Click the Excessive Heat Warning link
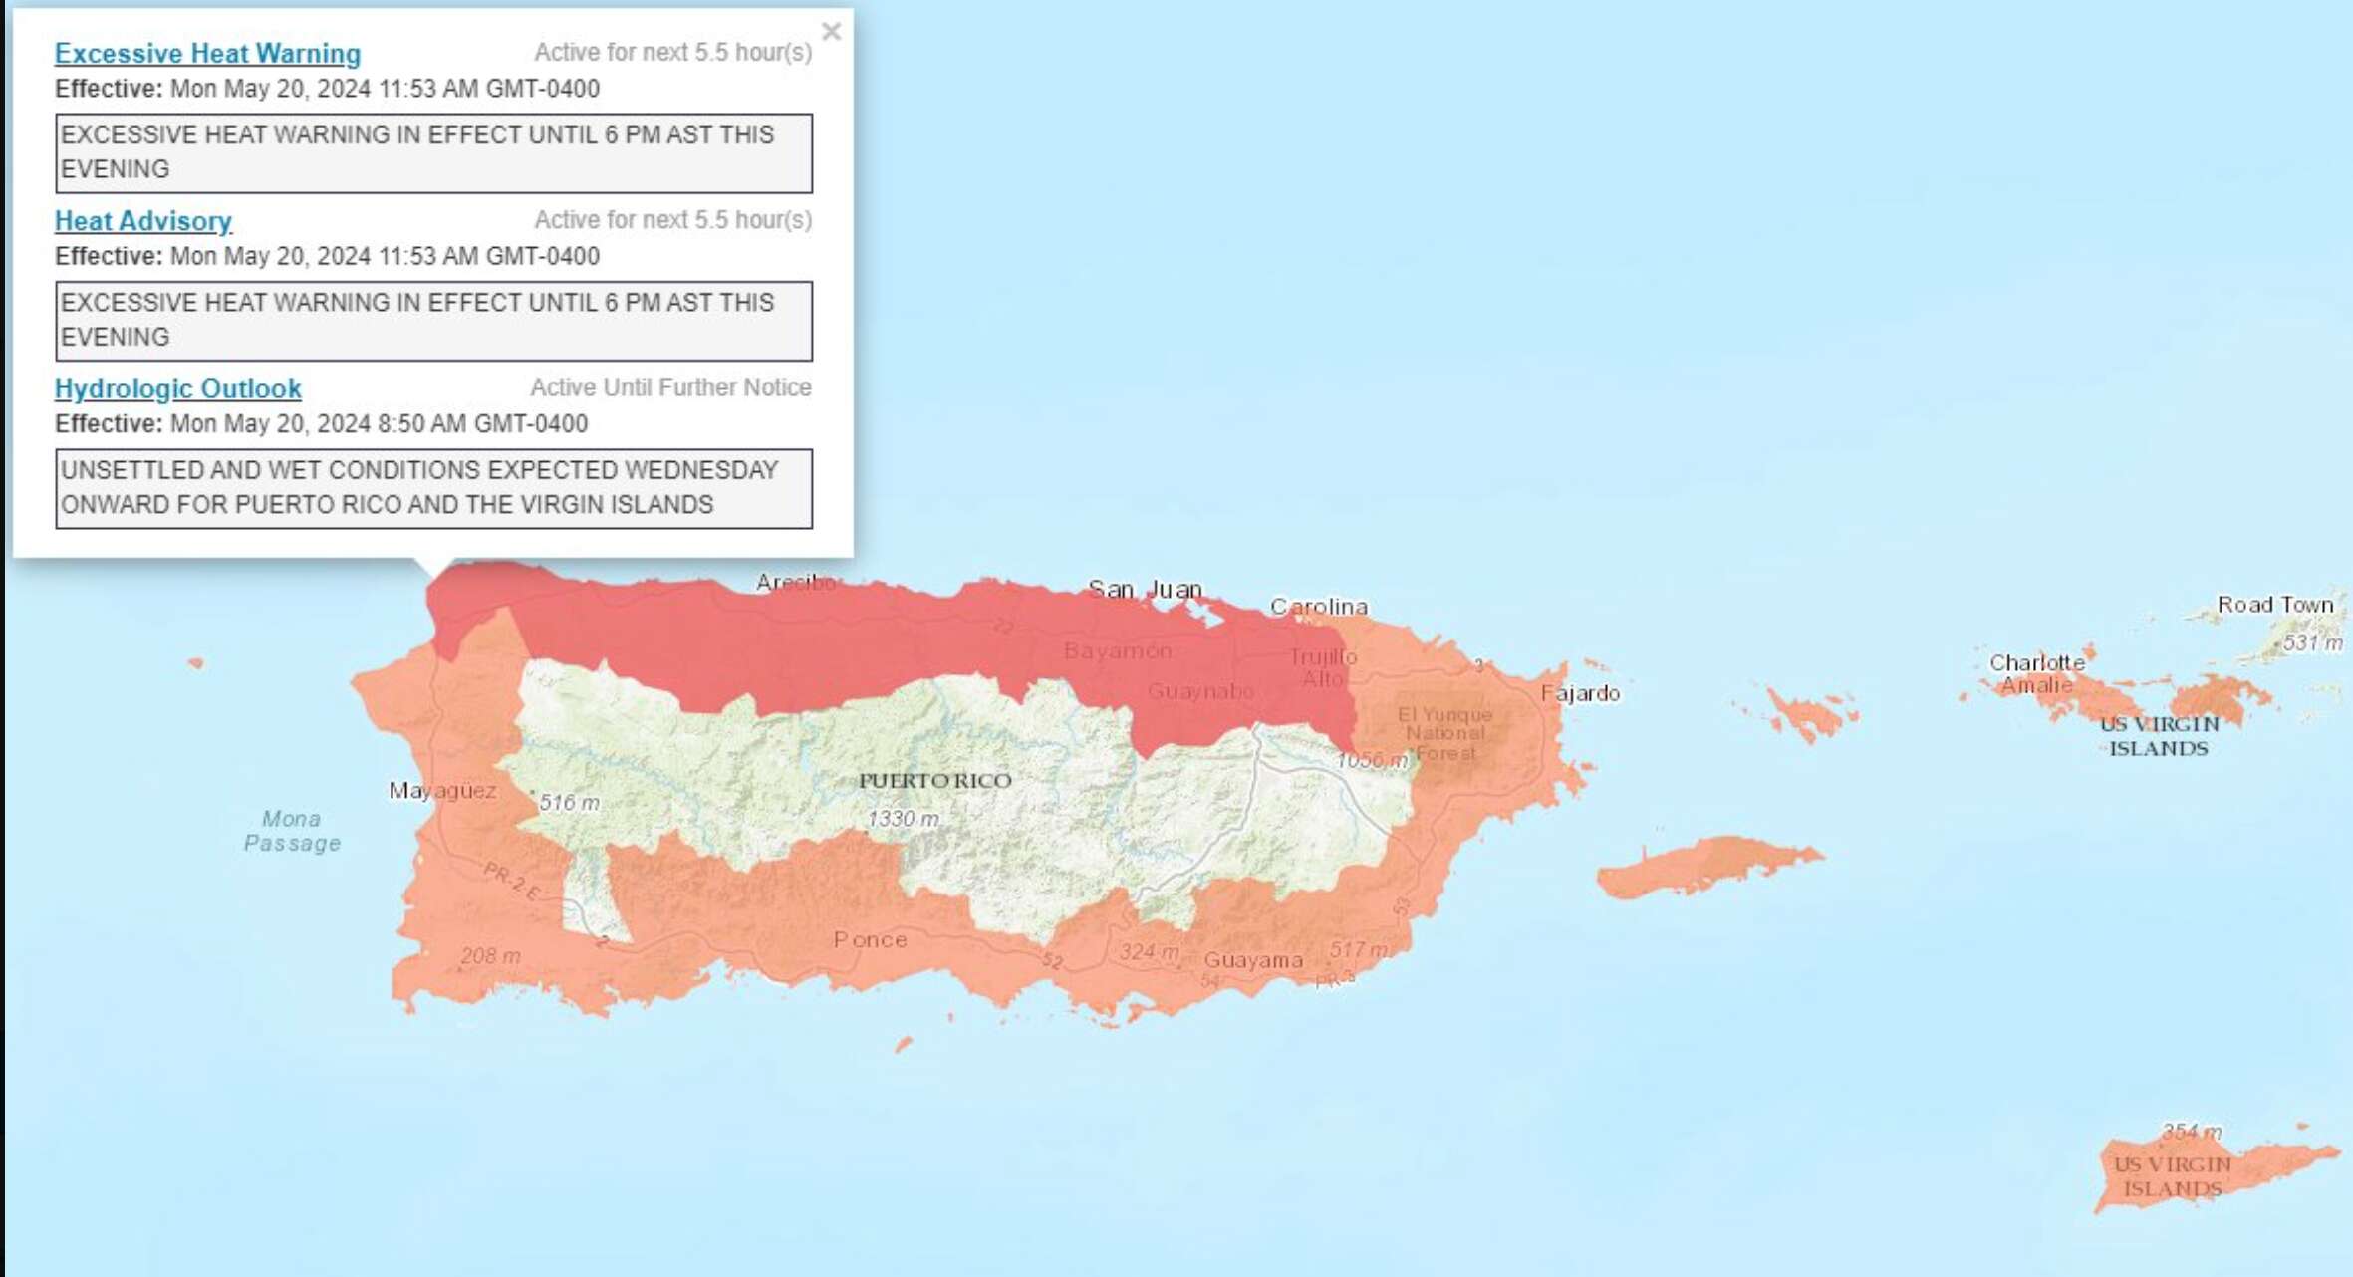[x=207, y=53]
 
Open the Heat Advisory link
[x=142, y=220]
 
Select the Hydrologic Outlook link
[x=177, y=387]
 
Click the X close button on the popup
[x=831, y=32]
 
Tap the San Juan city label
[x=1145, y=589]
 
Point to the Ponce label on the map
[x=870, y=939]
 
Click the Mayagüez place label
[x=442, y=790]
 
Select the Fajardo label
[x=1580, y=692]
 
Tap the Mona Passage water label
[x=292, y=830]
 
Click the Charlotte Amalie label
[x=2036, y=673]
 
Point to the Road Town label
[x=2274, y=604]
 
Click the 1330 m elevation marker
[x=903, y=818]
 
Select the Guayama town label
[x=1253, y=960]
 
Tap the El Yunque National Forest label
[x=1444, y=733]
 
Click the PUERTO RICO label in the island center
[x=934, y=780]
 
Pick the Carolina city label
[x=1318, y=606]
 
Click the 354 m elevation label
[x=2191, y=1131]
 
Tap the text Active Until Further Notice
[x=670, y=386]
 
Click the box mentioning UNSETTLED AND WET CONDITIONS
[x=433, y=488]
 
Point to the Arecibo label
[x=794, y=582]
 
